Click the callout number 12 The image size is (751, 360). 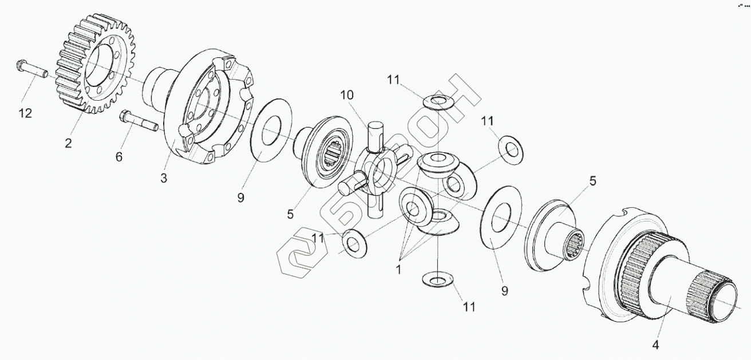tap(25, 113)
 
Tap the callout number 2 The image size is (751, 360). tap(68, 143)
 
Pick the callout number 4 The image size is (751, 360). tap(656, 345)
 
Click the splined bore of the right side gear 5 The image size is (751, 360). tap(574, 243)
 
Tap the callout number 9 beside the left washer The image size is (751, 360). tap(241, 197)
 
